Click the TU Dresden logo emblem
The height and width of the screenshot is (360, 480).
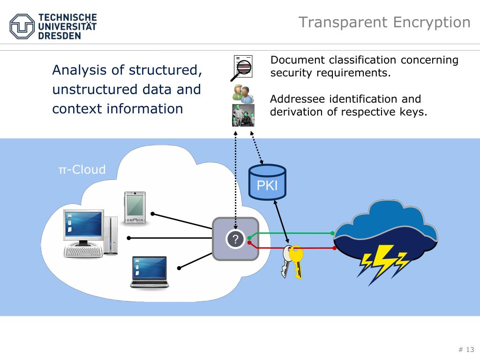click(22, 26)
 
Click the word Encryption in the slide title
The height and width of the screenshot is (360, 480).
click(432, 22)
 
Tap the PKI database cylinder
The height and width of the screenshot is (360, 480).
click(267, 182)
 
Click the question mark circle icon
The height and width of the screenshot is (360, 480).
click(235, 239)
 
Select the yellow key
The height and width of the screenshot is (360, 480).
click(297, 261)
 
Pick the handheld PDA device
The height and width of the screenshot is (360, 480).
click(135, 208)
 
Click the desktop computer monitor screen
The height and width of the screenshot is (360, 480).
click(83, 224)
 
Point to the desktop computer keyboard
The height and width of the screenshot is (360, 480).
click(83, 252)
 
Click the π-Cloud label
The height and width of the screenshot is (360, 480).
click(82, 169)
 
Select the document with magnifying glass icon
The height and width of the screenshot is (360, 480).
click(242, 68)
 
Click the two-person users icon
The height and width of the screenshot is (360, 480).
click(243, 94)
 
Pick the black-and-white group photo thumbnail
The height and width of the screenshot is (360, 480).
click(243, 115)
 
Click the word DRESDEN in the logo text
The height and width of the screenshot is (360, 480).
click(60, 36)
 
